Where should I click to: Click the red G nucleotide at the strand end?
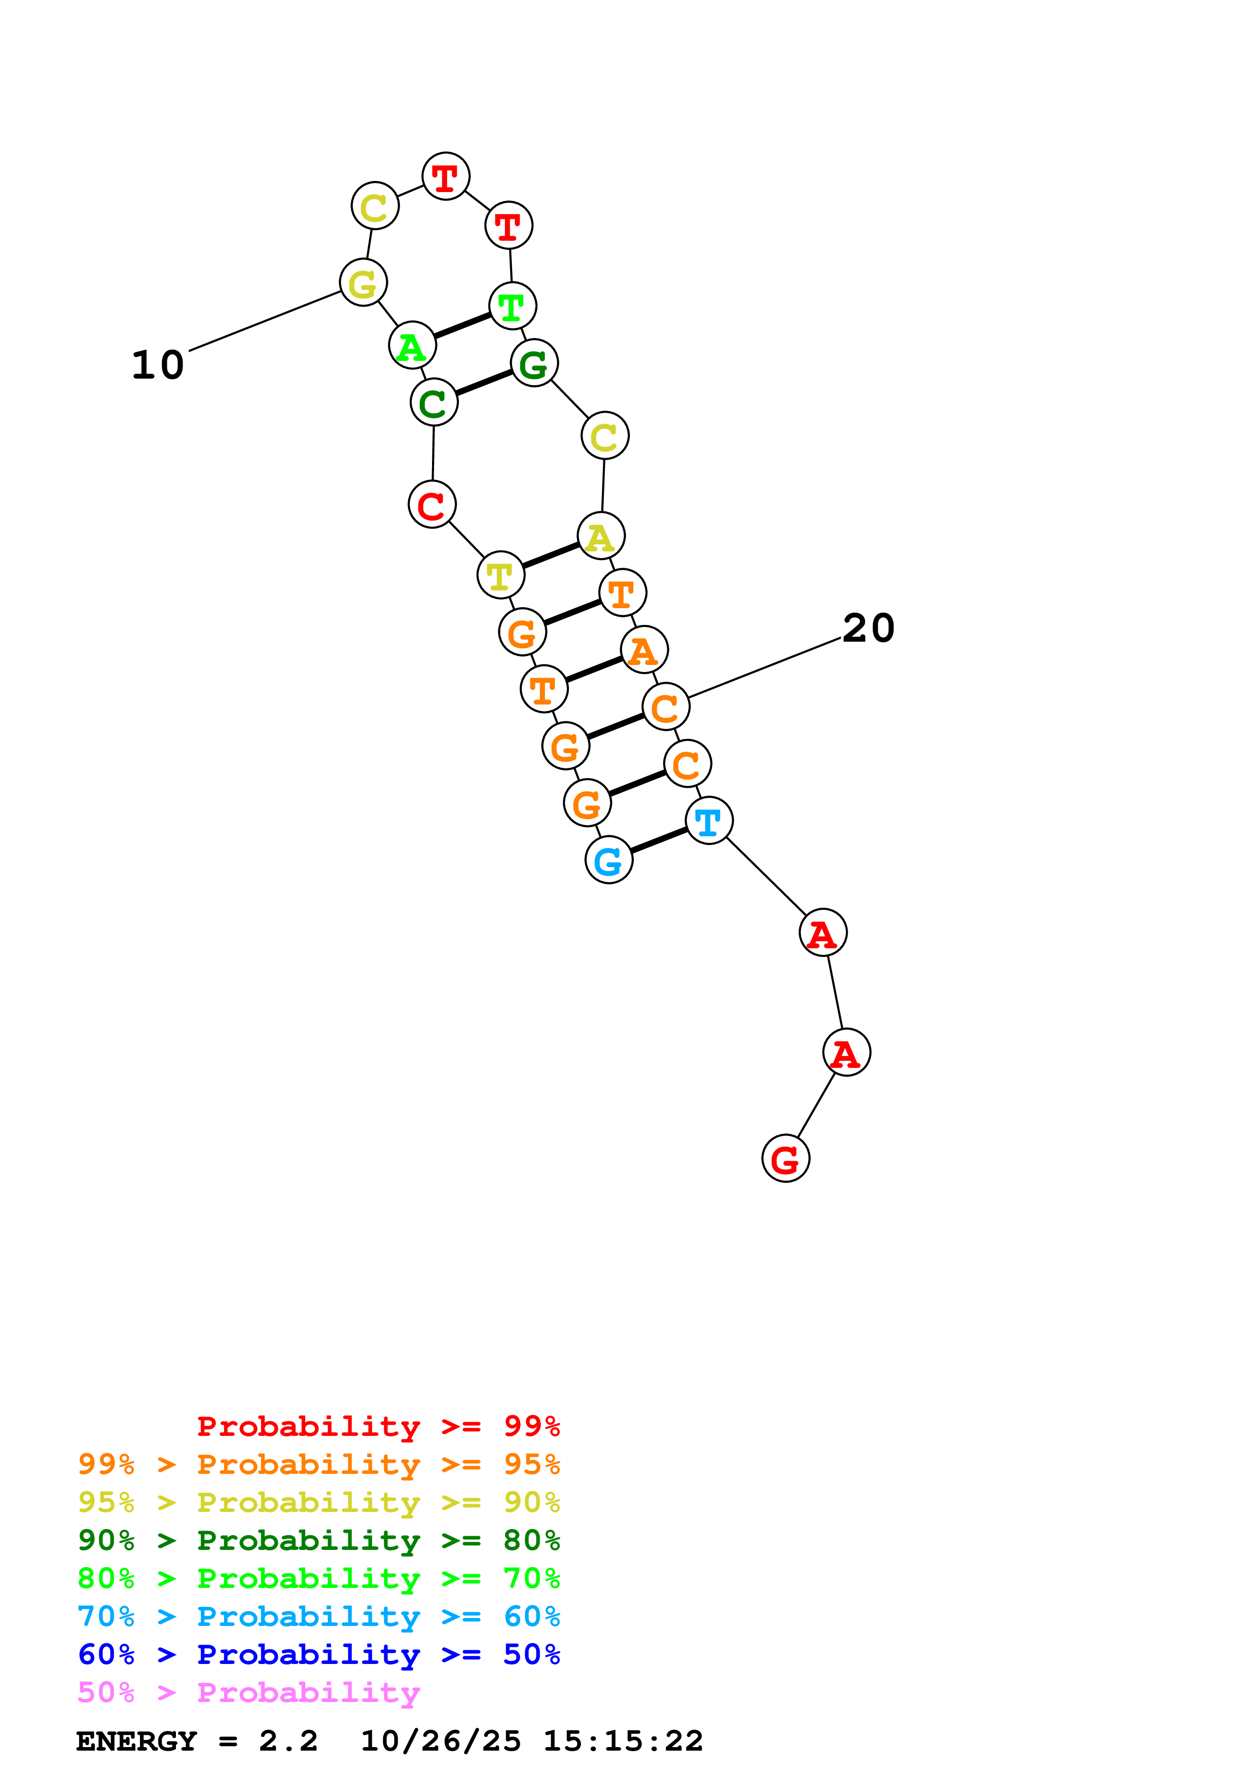(x=785, y=1159)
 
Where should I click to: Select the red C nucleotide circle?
(x=432, y=505)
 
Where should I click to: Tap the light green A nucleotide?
(x=412, y=345)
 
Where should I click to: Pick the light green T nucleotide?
(x=512, y=306)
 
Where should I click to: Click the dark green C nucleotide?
(x=434, y=402)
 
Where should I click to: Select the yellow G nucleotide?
(x=363, y=283)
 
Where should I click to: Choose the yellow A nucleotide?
(x=600, y=536)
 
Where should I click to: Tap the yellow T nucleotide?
(x=500, y=575)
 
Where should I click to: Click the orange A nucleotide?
(x=643, y=650)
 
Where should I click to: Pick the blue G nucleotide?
(x=609, y=860)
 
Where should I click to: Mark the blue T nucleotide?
(x=709, y=821)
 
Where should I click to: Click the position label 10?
(x=158, y=365)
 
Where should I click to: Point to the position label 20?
(x=868, y=627)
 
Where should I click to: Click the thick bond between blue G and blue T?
(x=658, y=840)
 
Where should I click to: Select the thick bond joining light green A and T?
(x=462, y=325)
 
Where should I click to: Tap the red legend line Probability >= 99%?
(x=378, y=1426)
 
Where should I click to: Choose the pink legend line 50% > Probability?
(x=248, y=1693)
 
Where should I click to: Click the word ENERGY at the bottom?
(x=136, y=1742)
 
